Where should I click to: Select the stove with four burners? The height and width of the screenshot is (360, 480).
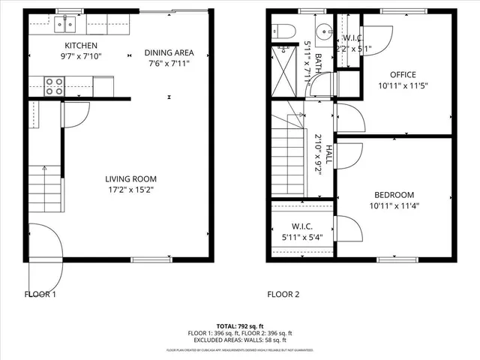[x=55, y=86]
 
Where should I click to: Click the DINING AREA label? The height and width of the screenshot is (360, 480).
[x=169, y=52]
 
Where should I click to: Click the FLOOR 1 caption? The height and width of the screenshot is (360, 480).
[x=40, y=294]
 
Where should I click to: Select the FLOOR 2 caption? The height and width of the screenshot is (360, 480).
[x=283, y=294]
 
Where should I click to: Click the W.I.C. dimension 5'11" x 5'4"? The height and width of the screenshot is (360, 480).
[x=298, y=238]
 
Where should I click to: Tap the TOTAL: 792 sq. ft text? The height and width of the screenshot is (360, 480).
[x=240, y=326]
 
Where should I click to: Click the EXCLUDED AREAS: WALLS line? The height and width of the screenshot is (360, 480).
[x=240, y=340]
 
